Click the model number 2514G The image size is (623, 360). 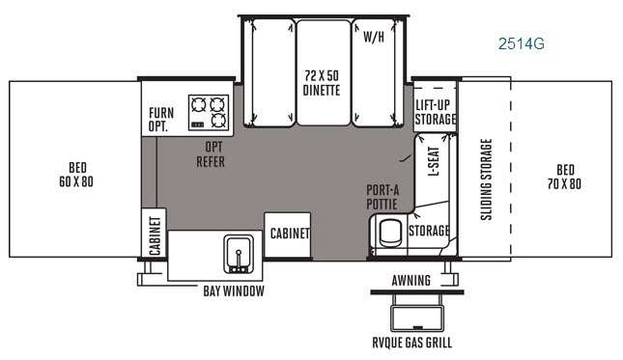click(522, 43)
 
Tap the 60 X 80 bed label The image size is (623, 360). click(76, 175)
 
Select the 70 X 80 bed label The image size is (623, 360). click(565, 177)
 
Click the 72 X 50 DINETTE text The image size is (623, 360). click(322, 83)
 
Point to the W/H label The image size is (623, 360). click(374, 37)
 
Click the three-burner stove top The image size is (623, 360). click(209, 112)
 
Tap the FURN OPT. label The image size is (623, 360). click(161, 119)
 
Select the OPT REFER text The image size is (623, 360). click(211, 154)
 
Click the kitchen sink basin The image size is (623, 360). click(239, 254)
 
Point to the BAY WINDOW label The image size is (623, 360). click(234, 291)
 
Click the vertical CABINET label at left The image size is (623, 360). click(155, 235)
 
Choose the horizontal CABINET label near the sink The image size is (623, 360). click(290, 234)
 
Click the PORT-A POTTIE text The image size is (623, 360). click(382, 197)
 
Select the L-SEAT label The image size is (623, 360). click(434, 161)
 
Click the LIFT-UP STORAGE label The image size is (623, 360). click(435, 112)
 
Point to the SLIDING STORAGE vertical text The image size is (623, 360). click(486, 180)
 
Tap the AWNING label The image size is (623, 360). click(411, 281)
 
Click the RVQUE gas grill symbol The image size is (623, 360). click(417, 313)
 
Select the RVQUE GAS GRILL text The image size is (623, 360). click(412, 343)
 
